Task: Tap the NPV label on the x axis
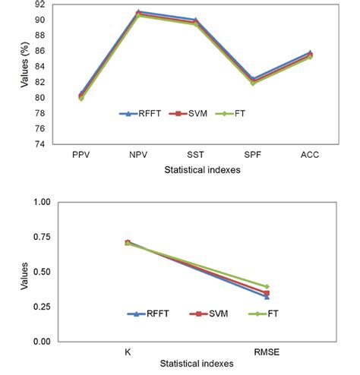(138, 155)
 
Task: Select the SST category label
(195, 155)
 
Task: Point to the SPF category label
(252, 155)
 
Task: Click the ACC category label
(310, 155)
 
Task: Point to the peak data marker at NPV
(138, 13)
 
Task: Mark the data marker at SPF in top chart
(252, 80)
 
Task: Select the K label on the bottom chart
(127, 352)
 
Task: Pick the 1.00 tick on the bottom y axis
(41, 203)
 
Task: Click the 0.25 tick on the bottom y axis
(41, 307)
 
